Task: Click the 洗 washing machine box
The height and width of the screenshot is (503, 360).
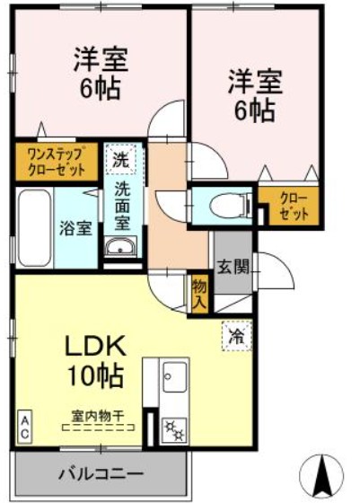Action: click(x=120, y=162)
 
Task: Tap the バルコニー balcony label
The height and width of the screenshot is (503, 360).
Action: click(x=101, y=473)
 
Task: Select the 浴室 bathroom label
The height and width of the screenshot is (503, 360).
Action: click(x=75, y=227)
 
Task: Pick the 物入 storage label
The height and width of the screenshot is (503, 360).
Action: click(x=199, y=294)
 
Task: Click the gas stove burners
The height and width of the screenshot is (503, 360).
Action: click(x=173, y=430)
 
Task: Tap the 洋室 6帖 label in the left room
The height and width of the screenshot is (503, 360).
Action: click(x=100, y=75)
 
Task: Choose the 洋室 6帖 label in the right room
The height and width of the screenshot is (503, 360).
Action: click(x=254, y=95)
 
